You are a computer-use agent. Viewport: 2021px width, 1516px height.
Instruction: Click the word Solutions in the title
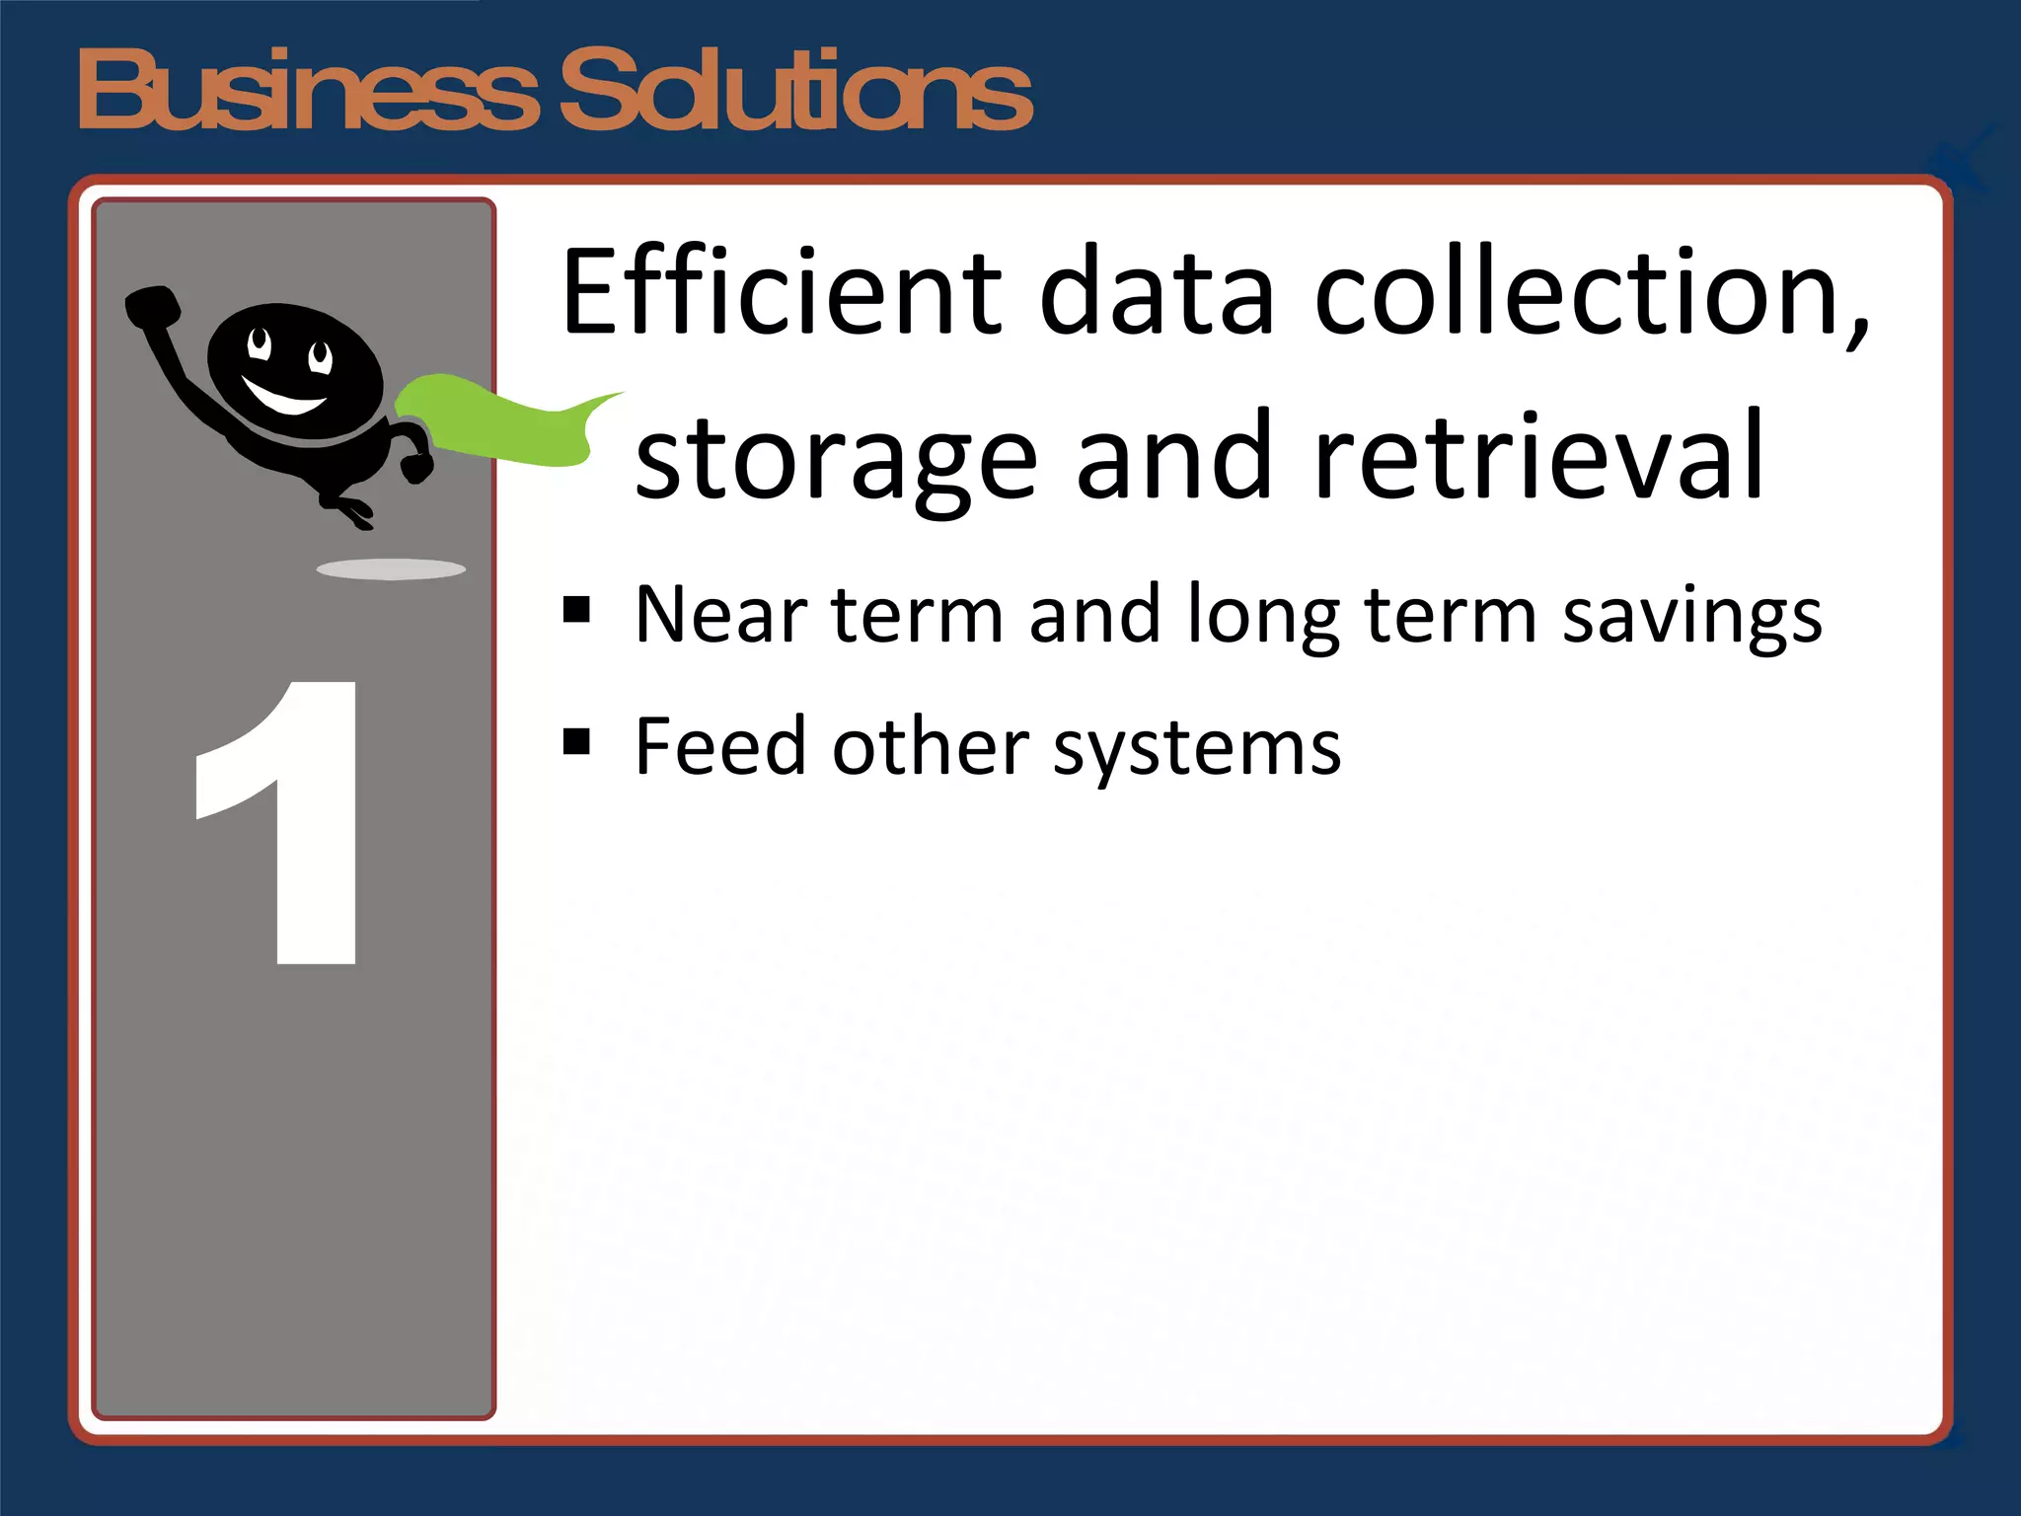[x=795, y=91]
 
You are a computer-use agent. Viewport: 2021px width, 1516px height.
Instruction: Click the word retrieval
[x=1538, y=456]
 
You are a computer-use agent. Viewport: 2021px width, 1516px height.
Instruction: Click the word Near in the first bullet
[x=721, y=615]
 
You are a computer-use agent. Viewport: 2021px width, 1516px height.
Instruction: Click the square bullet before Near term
[x=576, y=611]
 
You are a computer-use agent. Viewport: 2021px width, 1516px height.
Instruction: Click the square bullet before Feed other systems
[x=576, y=741]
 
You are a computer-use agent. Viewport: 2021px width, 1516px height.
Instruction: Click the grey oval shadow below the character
[x=391, y=569]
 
